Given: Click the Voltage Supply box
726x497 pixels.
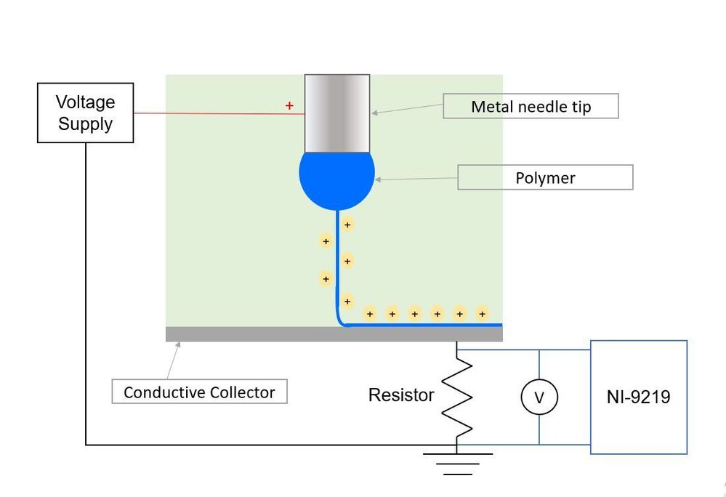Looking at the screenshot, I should tap(85, 113).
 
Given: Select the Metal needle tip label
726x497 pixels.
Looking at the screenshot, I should tap(531, 106).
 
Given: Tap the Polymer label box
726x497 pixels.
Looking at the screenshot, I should tap(545, 178).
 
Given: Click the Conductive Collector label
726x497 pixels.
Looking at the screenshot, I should tap(199, 392).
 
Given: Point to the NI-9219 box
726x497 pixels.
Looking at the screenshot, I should tap(638, 397).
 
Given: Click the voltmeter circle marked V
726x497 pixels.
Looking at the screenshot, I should tap(539, 397).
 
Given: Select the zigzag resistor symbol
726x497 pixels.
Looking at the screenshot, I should tap(457, 397).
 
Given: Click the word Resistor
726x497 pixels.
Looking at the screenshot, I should tap(401, 395).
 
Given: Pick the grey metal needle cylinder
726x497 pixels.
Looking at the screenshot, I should tap(336, 113).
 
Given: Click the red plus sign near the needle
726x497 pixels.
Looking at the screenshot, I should tap(289, 106).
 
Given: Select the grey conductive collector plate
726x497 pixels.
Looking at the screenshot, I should tap(334, 334).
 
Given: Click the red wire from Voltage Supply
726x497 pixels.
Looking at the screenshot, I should tap(211, 113).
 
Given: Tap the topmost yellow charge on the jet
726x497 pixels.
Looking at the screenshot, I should tap(347, 225).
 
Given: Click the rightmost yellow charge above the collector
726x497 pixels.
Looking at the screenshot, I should tap(482, 314).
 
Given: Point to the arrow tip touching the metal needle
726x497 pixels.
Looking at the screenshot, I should tap(374, 113).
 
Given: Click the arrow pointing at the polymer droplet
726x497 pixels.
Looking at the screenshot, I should tap(414, 179).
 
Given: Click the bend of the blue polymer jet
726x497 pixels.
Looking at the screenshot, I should tap(340, 320).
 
